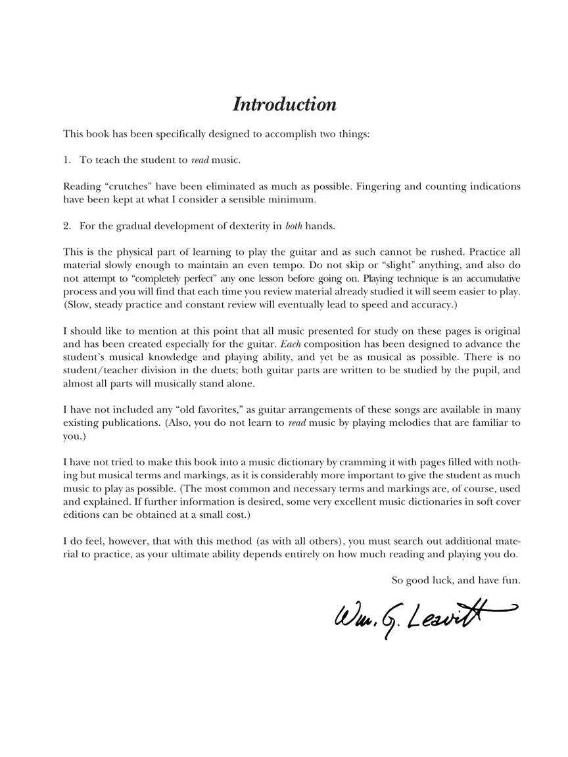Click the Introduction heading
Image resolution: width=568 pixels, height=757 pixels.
[284, 104]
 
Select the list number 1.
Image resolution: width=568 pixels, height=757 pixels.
[66, 160]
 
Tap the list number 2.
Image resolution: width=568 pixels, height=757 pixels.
[66, 226]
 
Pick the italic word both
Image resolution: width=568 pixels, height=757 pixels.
[293, 226]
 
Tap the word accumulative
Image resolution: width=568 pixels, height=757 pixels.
[489, 279]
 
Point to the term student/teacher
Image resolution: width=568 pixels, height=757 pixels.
[97, 371]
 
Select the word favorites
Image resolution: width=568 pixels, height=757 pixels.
[219, 410]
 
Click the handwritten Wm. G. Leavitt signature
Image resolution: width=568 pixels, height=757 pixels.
[421, 618]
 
